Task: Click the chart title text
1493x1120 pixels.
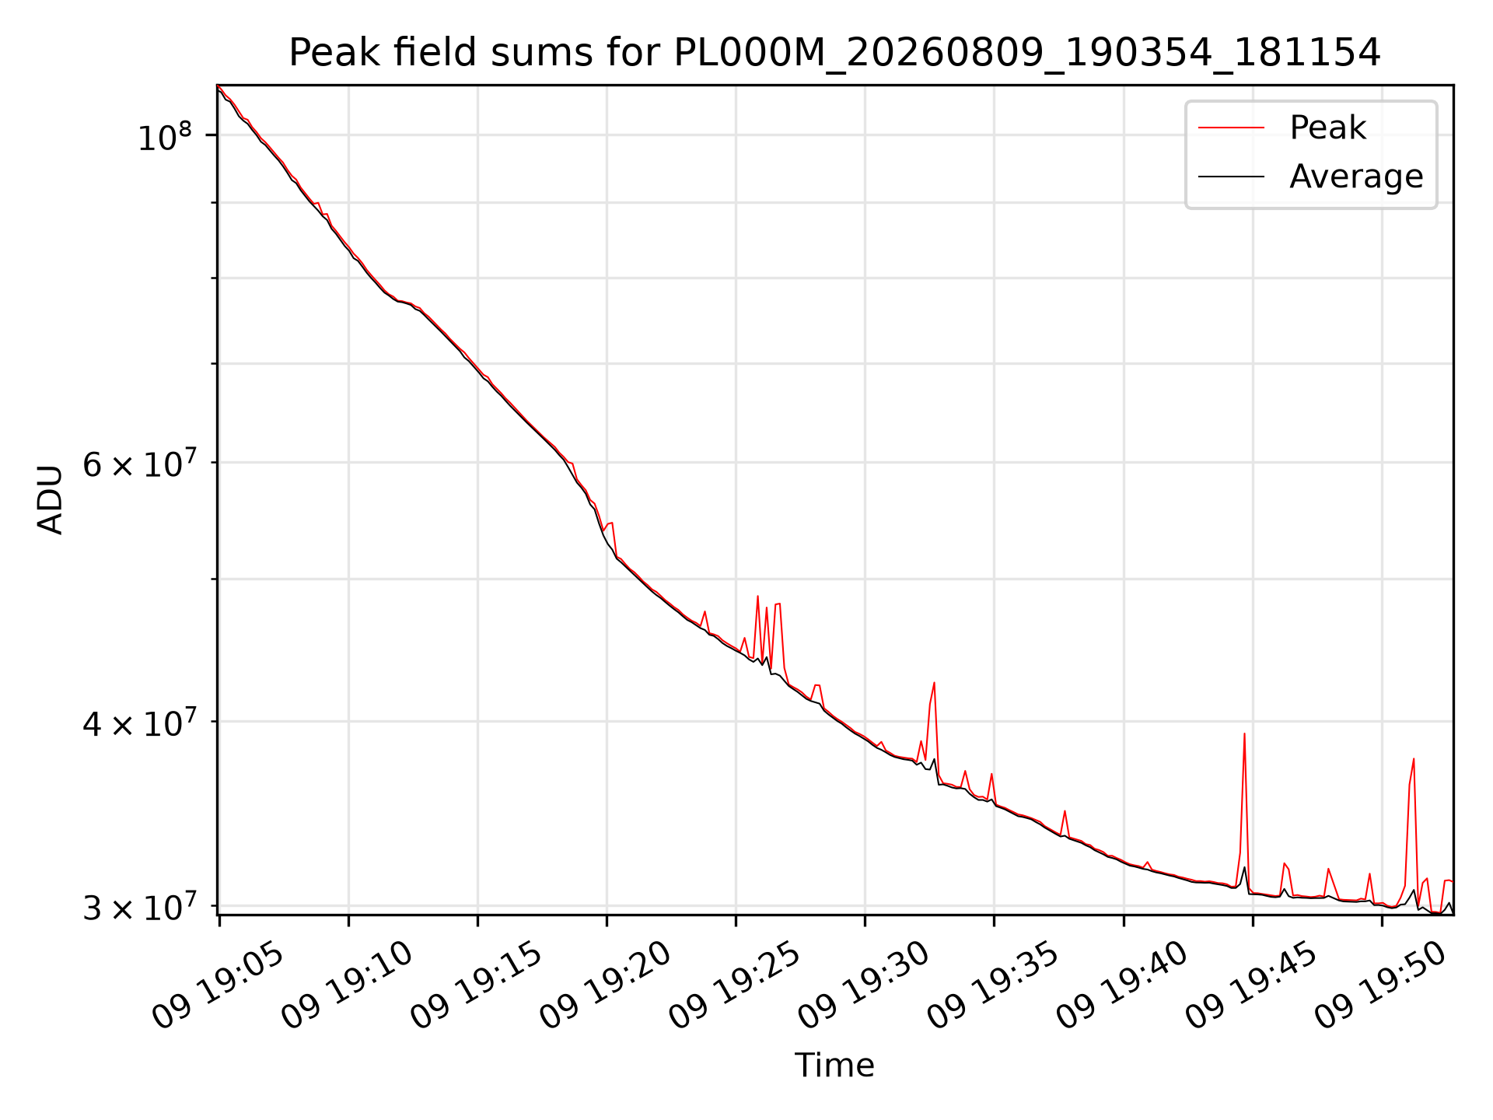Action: click(834, 53)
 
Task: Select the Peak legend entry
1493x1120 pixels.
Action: click(1327, 128)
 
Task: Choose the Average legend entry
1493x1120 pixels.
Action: click(1356, 177)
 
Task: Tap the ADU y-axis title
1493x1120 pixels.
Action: click(51, 499)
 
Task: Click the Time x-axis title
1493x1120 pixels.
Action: click(834, 1066)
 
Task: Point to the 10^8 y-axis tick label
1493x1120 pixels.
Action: click(164, 138)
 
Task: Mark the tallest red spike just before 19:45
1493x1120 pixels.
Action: click(1244, 733)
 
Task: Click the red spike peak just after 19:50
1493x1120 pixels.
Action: click(1414, 758)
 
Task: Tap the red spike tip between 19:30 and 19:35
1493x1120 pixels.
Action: click(934, 683)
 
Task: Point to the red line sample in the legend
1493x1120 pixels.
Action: click(1231, 128)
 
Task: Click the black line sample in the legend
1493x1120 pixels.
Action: click(1231, 177)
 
